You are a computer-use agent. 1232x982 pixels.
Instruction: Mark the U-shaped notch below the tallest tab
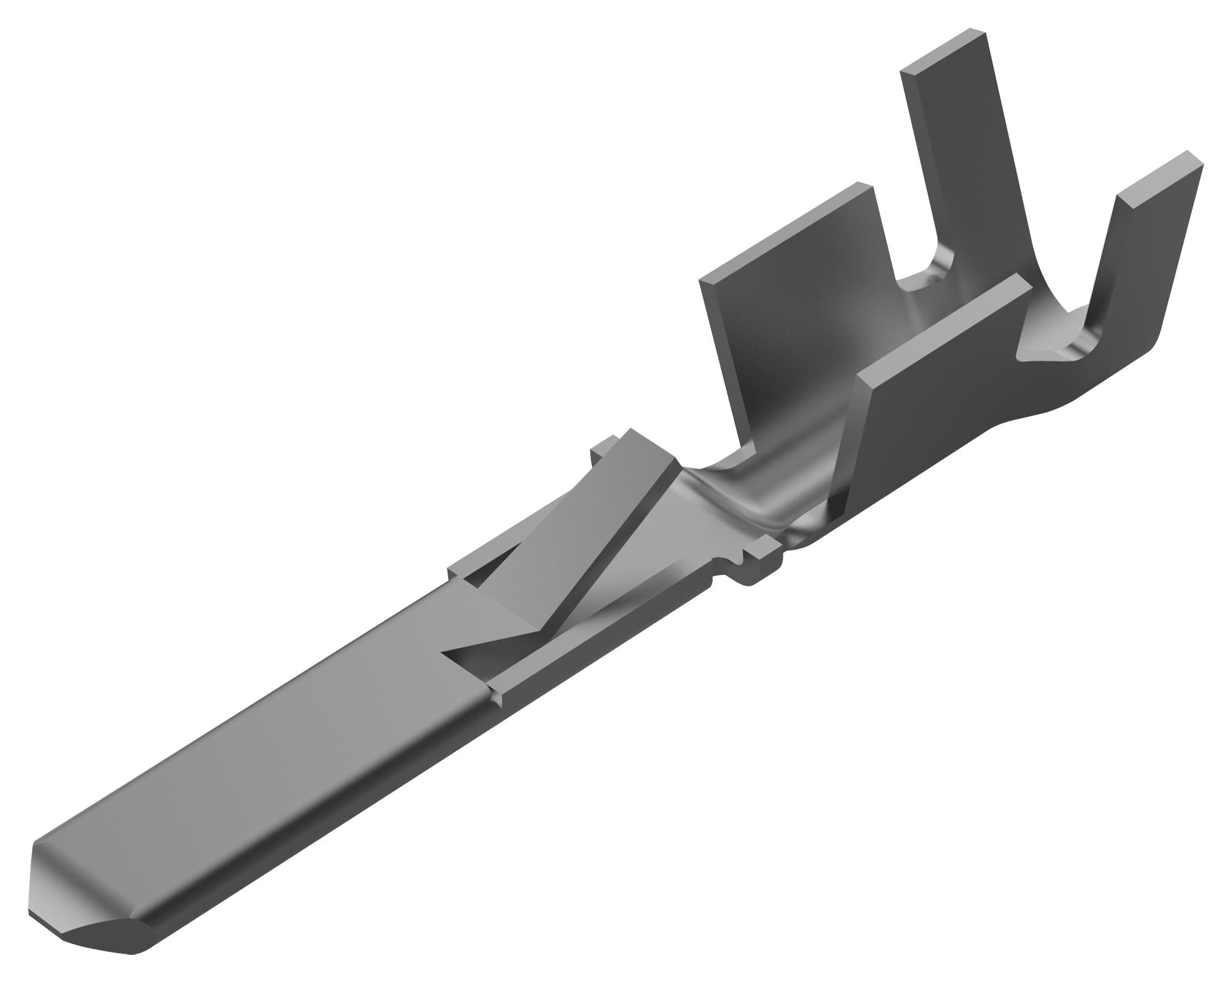(924, 277)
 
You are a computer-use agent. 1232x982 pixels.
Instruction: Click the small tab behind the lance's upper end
(601, 453)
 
